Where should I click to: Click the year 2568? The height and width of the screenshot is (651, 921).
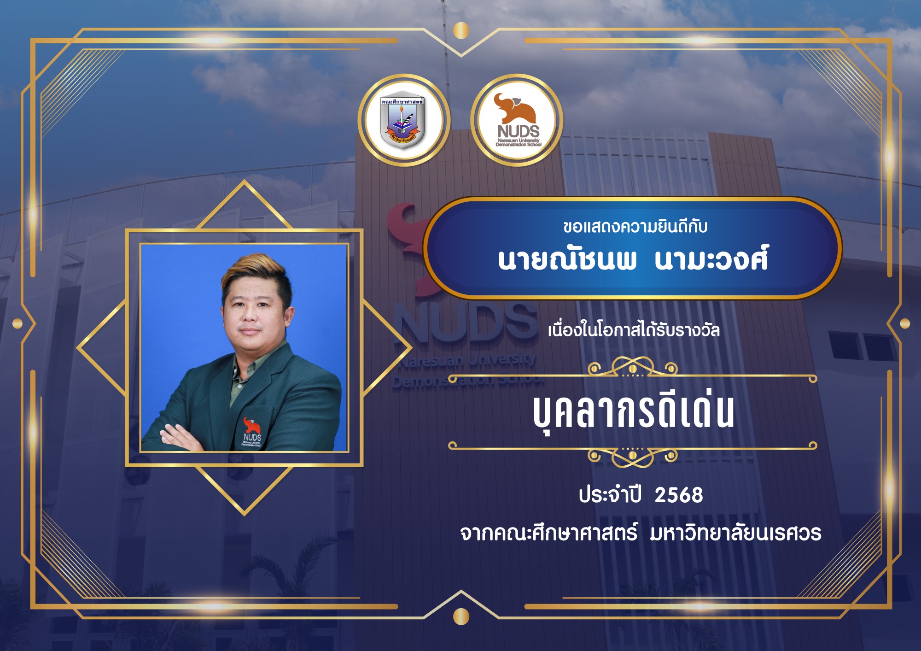[x=679, y=495]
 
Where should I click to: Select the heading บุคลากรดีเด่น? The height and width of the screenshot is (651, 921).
[x=634, y=411]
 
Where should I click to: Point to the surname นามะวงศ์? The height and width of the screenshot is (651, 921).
[x=711, y=260]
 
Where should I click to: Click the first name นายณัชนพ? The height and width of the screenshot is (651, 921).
[x=567, y=260]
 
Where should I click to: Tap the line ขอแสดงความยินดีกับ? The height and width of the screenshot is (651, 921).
[x=635, y=227]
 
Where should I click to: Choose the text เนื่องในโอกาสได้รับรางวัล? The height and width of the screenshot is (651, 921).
[x=634, y=330]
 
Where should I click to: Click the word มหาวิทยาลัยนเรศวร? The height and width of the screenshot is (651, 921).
[x=735, y=533]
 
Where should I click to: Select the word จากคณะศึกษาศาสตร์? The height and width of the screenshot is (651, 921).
[x=549, y=533]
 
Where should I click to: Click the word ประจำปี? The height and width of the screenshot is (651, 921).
[x=610, y=494]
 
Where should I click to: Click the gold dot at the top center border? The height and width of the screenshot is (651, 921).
[x=461, y=31]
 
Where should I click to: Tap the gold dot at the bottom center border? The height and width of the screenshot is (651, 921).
[x=461, y=616]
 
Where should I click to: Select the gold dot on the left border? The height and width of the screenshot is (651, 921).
[x=17, y=324]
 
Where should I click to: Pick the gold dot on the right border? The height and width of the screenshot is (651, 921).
[x=905, y=324]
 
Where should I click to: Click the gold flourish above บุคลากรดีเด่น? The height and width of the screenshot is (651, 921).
[x=633, y=367]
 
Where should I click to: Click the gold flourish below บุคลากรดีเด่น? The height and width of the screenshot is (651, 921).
[x=633, y=457]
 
